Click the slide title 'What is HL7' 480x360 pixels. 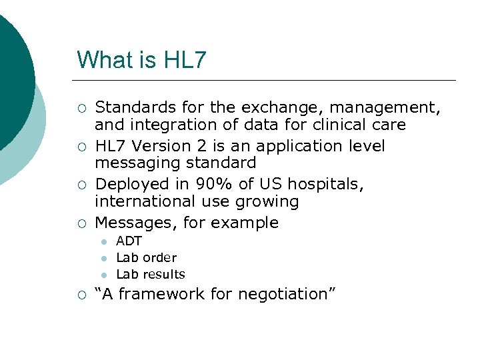[141, 60]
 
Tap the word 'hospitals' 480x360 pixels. [325, 183]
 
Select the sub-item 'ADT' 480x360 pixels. [129, 241]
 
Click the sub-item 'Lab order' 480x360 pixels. [146, 257]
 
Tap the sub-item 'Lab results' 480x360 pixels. [151, 274]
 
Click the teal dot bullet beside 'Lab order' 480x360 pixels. [103, 259]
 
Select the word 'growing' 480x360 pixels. [273, 201]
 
